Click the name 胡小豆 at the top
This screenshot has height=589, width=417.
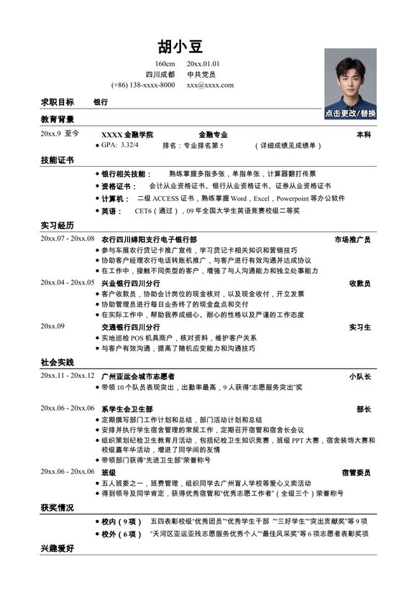click(180, 47)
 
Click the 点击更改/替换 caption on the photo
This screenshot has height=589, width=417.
click(350, 113)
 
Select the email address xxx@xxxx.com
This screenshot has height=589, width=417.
click(210, 85)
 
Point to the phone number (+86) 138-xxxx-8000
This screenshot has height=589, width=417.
click(143, 85)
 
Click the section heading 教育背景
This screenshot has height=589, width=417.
click(58, 119)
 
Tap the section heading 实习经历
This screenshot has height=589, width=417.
click(58, 226)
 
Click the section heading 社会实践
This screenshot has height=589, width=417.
click(58, 362)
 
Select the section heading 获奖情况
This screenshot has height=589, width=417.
click(58, 508)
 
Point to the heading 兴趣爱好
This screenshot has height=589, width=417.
click(58, 548)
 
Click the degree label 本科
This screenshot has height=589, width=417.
click(363, 134)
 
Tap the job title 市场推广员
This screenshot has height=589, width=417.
click(352, 239)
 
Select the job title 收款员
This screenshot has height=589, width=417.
click(359, 283)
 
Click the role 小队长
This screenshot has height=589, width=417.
click(359, 376)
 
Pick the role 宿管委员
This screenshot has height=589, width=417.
click(356, 473)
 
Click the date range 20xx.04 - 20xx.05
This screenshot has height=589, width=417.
click(68, 283)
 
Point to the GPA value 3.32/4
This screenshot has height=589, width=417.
click(129, 145)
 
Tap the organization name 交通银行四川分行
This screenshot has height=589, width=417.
click(131, 327)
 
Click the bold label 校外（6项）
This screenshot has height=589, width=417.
click(121, 534)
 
